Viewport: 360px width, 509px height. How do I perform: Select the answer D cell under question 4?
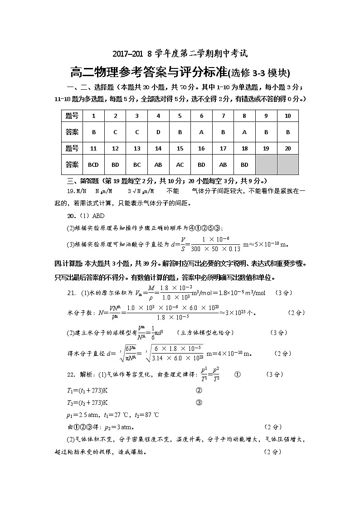tap(158, 132)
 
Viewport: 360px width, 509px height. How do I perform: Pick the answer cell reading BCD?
tap(93, 165)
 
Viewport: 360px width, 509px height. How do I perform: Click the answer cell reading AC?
tap(180, 165)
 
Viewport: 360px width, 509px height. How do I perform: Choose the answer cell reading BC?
tap(136, 165)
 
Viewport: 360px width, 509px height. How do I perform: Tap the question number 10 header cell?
tap(287, 116)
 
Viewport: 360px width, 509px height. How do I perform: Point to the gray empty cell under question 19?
tap(266, 165)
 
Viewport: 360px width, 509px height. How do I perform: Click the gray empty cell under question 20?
tap(287, 165)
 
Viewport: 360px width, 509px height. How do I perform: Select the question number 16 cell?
tap(201, 148)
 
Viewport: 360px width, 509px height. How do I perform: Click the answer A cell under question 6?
tap(201, 132)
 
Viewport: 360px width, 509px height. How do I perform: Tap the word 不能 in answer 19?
tap(173, 191)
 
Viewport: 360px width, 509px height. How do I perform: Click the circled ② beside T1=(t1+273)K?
tap(198, 390)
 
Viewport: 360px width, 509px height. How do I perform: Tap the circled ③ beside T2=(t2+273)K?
tap(198, 402)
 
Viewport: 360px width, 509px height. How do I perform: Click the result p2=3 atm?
tap(118, 427)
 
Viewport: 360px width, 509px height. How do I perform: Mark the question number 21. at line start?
tap(71, 293)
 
